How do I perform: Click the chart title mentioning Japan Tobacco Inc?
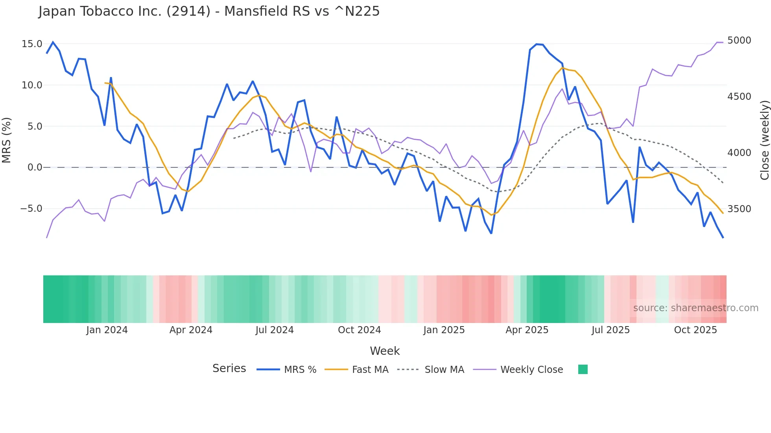(x=209, y=11)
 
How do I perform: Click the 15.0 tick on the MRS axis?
(x=32, y=44)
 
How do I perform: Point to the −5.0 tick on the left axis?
(x=31, y=209)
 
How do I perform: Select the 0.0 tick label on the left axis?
(x=35, y=167)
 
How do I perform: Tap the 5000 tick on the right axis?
(x=739, y=40)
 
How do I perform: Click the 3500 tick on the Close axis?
(x=739, y=209)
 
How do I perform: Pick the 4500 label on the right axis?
(x=739, y=97)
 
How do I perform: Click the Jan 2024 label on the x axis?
(x=107, y=330)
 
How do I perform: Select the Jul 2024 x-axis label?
(x=275, y=330)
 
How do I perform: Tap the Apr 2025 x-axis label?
(x=527, y=330)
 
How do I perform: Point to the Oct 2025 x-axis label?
(x=695, y=330)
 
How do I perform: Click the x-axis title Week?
(x=385, y=351)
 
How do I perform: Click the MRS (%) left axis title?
(x=7, y=140)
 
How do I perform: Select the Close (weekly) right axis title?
(x=764, y=140)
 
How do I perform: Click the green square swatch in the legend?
(x=583, y=369)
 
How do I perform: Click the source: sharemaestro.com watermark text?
(x=695, y=308)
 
